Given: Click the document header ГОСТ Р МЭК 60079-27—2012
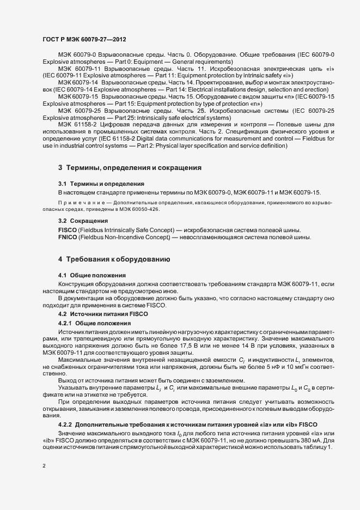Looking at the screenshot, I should pos(84,39).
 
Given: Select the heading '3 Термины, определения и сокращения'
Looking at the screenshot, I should pos(130,167).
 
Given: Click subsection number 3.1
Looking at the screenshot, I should pos(63,184).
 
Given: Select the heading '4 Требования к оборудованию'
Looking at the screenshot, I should pos(115,259).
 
